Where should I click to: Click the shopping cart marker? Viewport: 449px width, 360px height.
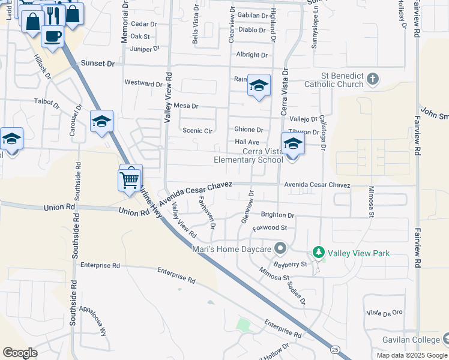pyautogui.click(x=130, y=179)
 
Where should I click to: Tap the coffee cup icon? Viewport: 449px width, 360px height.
pyautogui.click(x=52, y=35)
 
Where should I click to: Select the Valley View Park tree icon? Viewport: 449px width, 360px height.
pyautogui.click(x=318, y=253)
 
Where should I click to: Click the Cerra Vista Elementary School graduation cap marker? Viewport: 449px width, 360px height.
pyautogui.click(x=293, y=145)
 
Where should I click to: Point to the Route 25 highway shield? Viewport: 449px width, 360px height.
pyautogui.click(x=335, y=349)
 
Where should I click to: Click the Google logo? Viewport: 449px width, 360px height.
pyautogui.click(x=20, y=353)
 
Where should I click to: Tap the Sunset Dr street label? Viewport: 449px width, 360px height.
pyautogui.click(x=97, y=63)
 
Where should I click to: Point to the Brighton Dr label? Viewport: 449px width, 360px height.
pyautogui.click(x=277, y=215)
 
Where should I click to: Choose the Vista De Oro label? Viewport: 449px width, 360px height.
pyautogui.click(x=384, y=313)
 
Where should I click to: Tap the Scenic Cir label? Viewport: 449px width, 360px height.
pyautogui.click(x=197, y=130)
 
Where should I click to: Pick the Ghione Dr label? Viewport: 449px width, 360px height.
pyautogui.click(x=249, y=130)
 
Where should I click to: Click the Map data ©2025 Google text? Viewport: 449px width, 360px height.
pyautogui.click(x=412, y=355)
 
